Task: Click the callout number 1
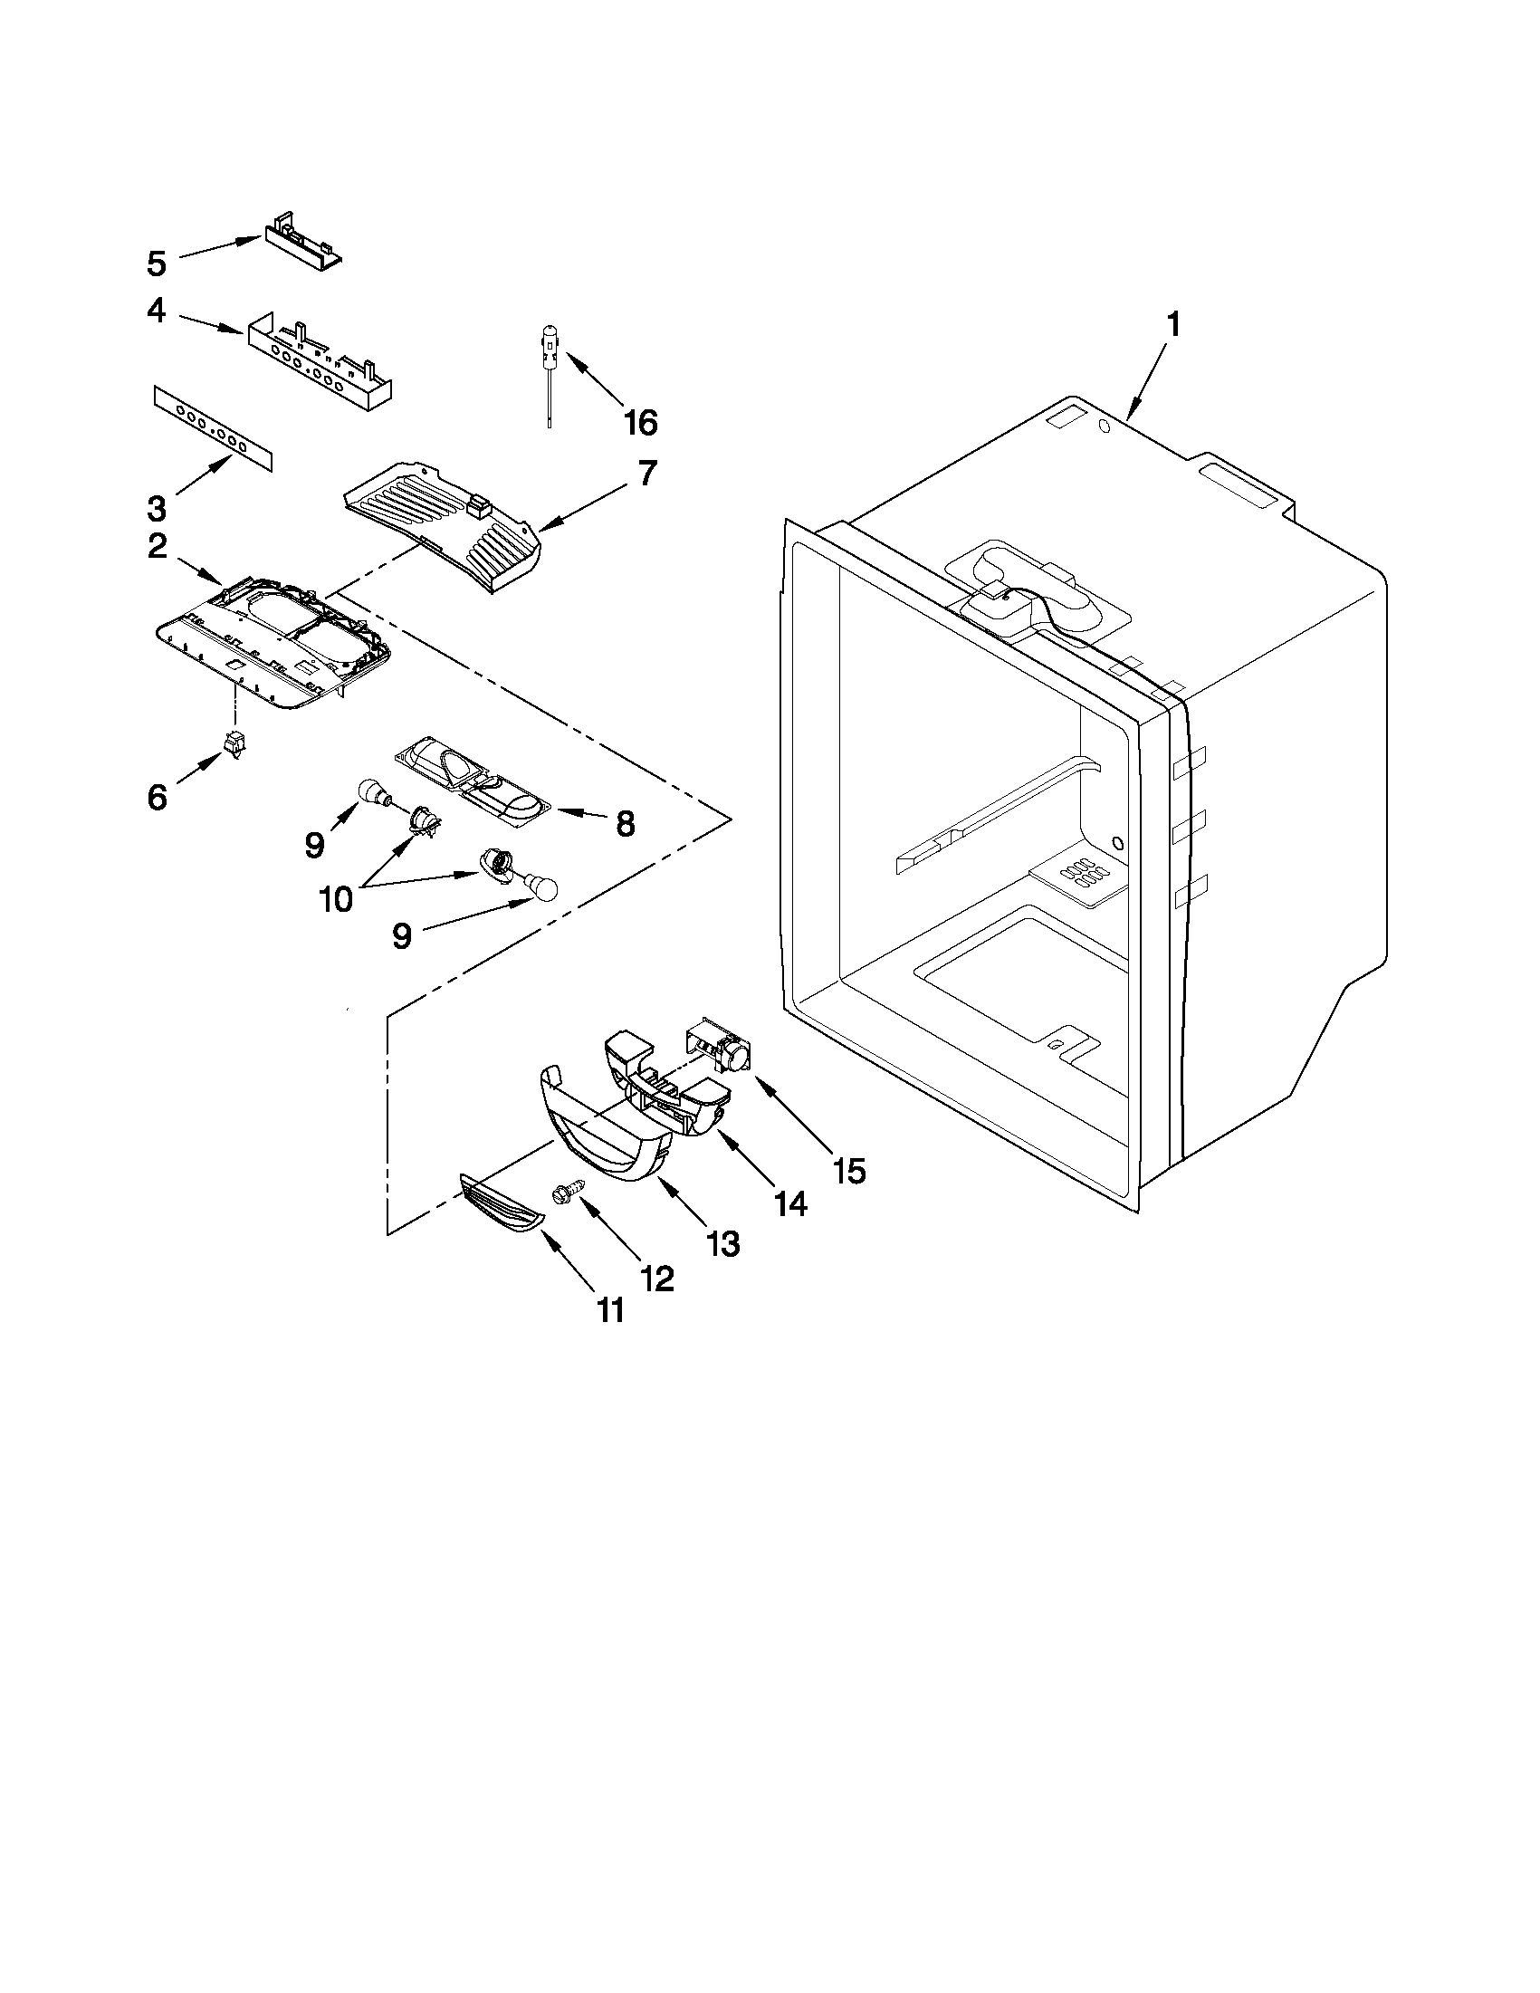[x=1173, y=324]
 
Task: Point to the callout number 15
[x=848, y=1171]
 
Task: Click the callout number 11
[x=610, y=1310]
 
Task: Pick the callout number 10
[x=337, y=899]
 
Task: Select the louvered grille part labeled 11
[x=501, y=1204]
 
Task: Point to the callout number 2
[x=157, y=547]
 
